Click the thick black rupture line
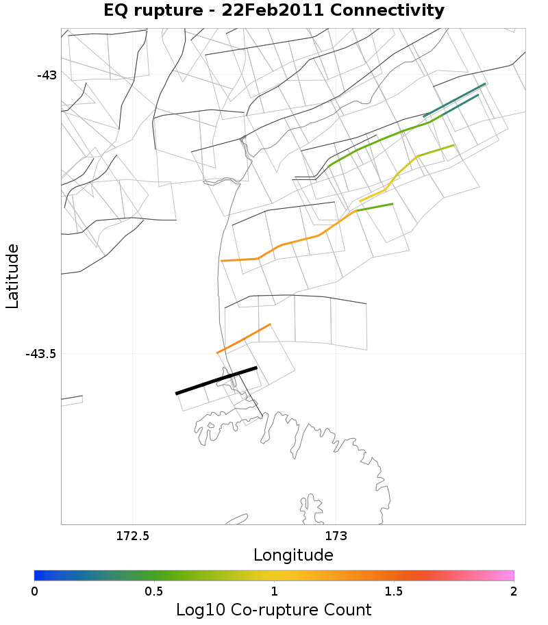click(x=216, y=381)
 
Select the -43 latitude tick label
click(x=47, y=75)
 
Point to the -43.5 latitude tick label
click(x=41, y=354)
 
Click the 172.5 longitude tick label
click(x=132, y=536)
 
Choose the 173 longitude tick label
click(x=336, y=536)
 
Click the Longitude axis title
click(x=293, y=554)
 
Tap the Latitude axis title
click(x=12, y=277)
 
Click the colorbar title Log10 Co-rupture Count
click(x=274, y=610)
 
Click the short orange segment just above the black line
click(x=244, y=338)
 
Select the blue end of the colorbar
click(x=40, y=575)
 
